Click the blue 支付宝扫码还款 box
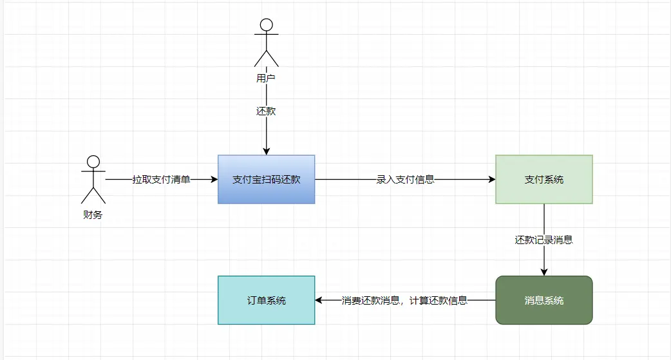point(266,180)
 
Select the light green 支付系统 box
point(544,180)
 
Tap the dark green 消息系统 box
point(544,300)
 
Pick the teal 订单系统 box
point(266,300)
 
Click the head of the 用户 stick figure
point(266,25)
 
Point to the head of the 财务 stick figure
point(93,162)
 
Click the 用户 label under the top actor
point(266,79)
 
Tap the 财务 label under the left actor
point(93,215)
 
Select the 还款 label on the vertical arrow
point(266,111)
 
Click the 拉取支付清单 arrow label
point(161,180)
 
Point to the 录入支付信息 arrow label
point(405,180)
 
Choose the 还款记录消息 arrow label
point(544,240)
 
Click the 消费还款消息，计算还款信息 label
point(404,301)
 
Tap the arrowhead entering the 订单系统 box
point(318,300)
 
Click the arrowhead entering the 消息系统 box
point(544,272)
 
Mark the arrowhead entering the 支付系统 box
point(492,180)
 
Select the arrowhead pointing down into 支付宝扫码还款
point(266,151)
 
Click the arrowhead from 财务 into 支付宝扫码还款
point(214,180)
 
